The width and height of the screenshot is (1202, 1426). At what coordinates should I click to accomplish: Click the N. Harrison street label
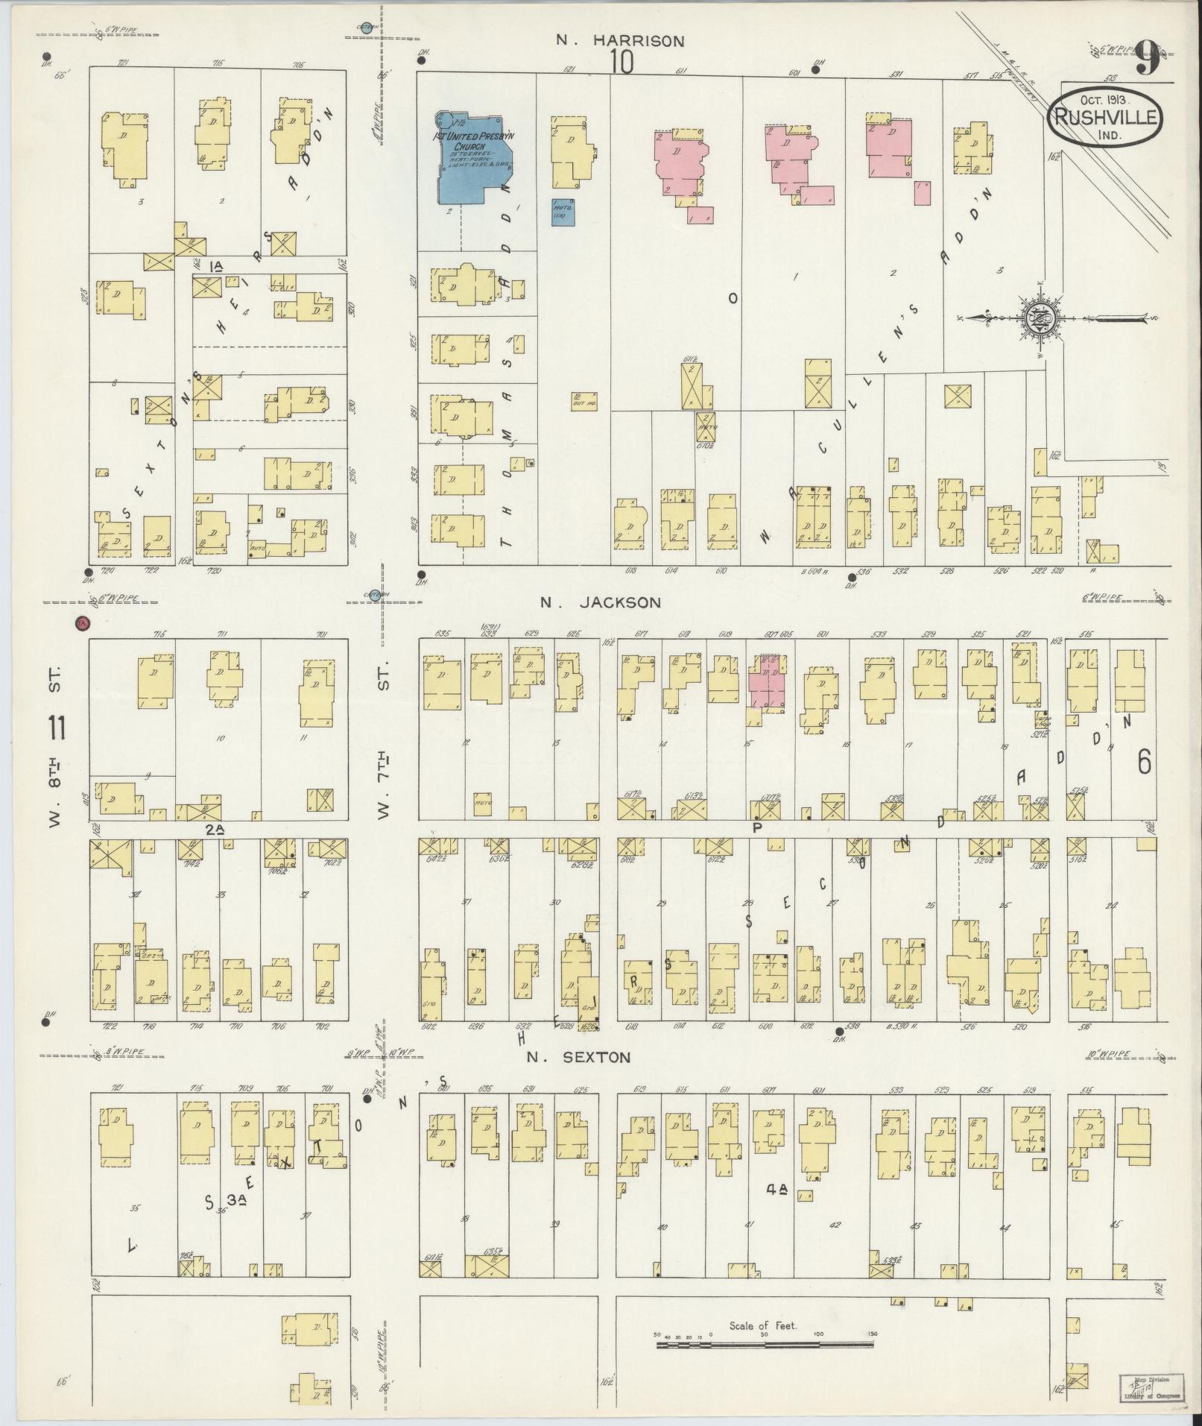(x=620, y=41)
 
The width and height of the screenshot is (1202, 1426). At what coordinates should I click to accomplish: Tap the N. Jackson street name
(x=601, y=602)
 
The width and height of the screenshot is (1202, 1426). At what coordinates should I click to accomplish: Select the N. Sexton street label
(x=578, y=1057)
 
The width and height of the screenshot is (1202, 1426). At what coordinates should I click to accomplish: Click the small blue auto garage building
(x=562, y=211)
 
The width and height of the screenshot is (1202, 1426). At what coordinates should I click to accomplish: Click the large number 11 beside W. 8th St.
(x=56, y=728)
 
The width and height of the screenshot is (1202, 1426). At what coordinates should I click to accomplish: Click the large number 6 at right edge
(x=1145, y=763)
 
